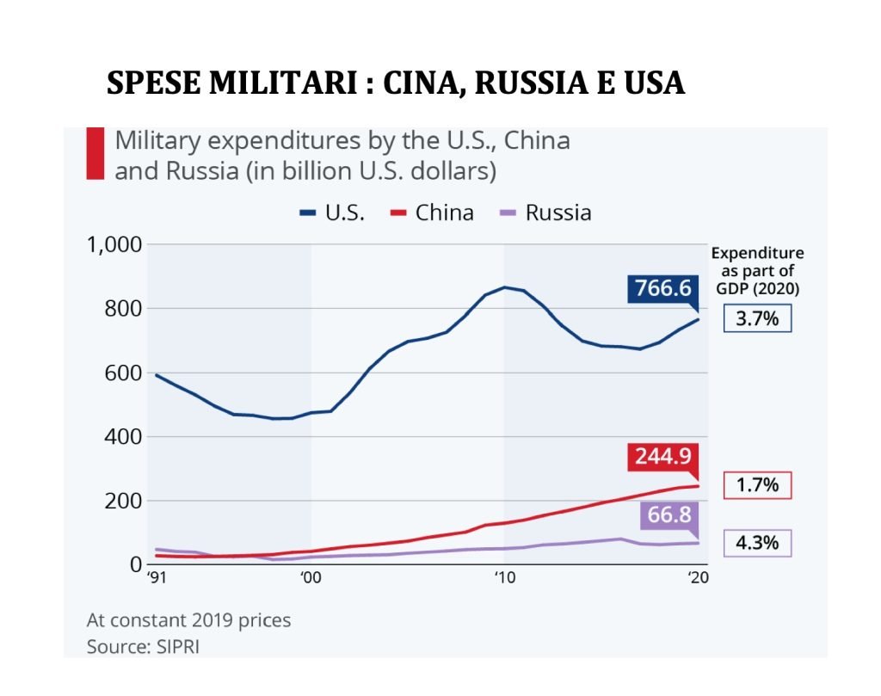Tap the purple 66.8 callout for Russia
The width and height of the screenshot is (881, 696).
click(x=668, y=516)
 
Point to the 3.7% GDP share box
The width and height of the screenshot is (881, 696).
click(x=756, y=318)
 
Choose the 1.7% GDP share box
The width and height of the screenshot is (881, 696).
click(x=756, y=485)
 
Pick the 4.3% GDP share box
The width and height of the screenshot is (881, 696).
click(x=756, y=544)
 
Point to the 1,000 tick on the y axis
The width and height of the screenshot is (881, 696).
click(x=114, y=245)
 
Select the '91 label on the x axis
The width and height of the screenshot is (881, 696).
click(x=156, y=579)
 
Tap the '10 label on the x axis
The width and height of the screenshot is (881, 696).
click(x=504, y=579)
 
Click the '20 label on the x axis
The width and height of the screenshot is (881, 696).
click(x=698, y=579)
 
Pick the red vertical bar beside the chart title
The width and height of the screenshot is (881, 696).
click(x=95, y=154)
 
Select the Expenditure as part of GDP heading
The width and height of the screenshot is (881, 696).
click(x=757, y=271)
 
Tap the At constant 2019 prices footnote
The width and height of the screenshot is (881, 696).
click(x=188, y=619)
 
